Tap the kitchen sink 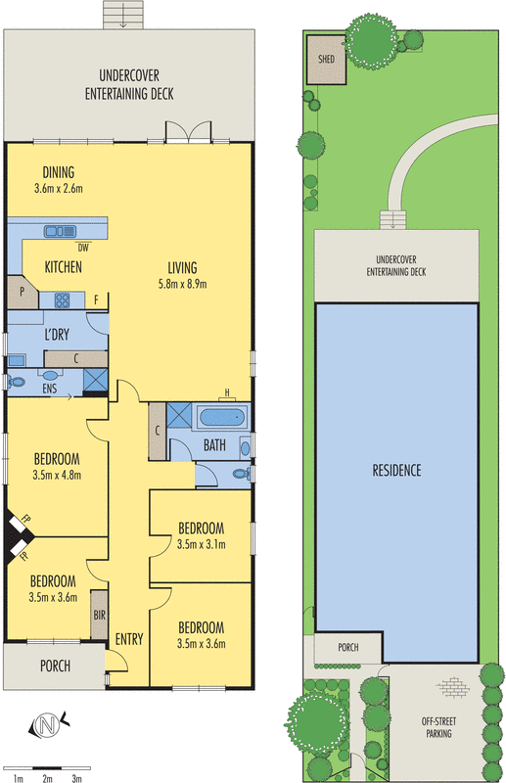[x=60, y=231]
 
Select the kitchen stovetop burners [x=62, y=300]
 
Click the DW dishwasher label [x=83, y=248]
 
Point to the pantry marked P [x=23, y=292]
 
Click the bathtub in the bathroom [x=222, y=417]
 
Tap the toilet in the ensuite [x=16, y=382]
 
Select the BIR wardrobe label [x=100, y=615]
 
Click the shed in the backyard [x=326, y=60]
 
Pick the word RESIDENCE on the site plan [x=396, y=471]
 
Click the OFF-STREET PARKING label [x=438, y=727]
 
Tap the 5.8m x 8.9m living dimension [x=182, y=284]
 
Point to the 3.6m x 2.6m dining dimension [x=59, y=189]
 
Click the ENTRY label [x=129, y=639]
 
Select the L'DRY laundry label [x=57, y=335]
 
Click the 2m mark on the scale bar [x=47, y=778]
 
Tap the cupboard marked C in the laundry [x=76, y=358]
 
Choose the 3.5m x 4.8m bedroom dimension [x=57, y=475]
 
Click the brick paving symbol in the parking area [x=452, y=687]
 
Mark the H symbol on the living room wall [x=227, y=394]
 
